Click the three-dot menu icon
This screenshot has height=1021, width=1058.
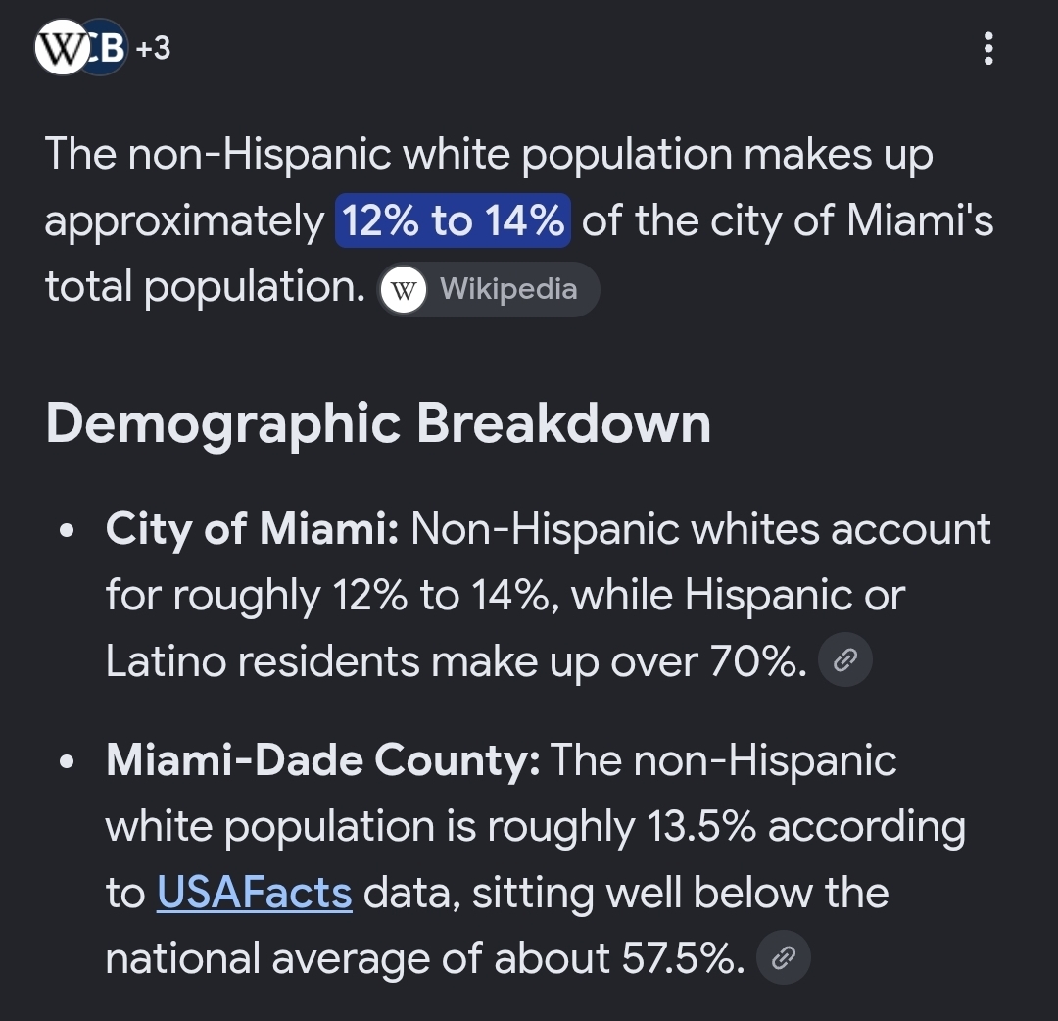click(x=988, y=49)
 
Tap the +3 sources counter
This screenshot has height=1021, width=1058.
click(x=153, y=49)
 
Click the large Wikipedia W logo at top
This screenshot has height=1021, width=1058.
click(x=62, y=47)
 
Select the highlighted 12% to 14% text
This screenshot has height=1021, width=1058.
click(x=453, y=220)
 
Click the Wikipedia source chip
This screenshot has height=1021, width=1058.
click(x=489, y=289)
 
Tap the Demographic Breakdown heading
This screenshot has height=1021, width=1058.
click(x=378, y=424)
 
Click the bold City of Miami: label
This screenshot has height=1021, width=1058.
click(x=253, y=528)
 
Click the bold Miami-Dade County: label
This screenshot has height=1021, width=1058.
click(x=322, y=760)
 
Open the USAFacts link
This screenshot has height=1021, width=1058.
click(x=255, y=893)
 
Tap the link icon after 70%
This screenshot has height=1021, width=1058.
click(x=844, y=660)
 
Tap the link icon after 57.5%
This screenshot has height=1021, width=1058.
click(x=784, y=957)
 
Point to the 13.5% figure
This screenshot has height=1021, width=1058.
click(x=701, y=827)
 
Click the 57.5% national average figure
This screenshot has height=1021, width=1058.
click(x=683, y=958)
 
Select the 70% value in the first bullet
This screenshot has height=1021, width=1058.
click(x=758, y=660)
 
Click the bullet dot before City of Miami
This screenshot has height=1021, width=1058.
click(x=67, y=530)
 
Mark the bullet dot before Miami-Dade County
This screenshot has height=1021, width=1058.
click(x=67, y=762)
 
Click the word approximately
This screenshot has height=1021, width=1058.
click(x=184, y=222)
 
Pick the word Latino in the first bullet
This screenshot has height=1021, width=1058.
click(x=166, y=660)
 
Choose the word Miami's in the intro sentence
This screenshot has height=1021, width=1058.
click(x=920, y=220)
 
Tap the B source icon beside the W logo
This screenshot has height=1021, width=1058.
click(x=108, y=47)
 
